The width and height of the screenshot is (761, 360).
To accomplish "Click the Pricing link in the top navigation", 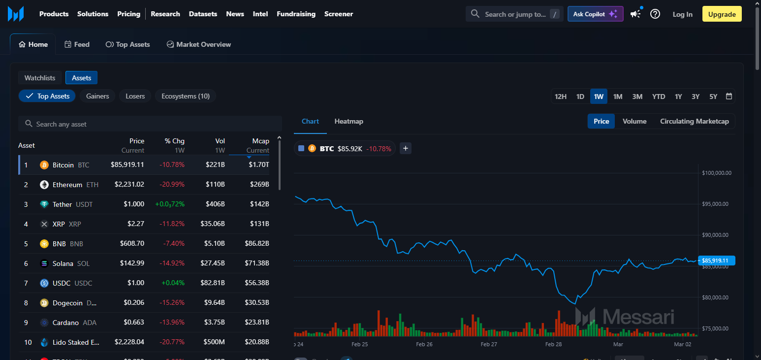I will point(128,14).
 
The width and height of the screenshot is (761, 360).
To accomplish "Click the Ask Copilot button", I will point(595,14).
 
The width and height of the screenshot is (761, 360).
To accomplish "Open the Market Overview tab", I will point(198,44).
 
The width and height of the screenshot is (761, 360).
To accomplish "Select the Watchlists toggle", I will point(40,78).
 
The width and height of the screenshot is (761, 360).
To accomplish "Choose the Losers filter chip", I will point(135,96).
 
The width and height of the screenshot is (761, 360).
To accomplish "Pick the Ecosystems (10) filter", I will point(185,96).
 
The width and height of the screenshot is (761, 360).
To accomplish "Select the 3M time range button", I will point(637,97).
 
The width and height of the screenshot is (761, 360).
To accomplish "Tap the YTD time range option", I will point(659,97).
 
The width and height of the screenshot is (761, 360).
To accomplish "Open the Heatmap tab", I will point(349,121).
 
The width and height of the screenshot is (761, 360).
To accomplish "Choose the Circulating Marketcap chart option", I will point(694,121).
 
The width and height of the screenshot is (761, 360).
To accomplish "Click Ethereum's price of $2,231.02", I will point(129,185).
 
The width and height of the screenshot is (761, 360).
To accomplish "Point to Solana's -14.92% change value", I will point(172,263).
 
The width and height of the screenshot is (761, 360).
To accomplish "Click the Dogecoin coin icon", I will point(44,303).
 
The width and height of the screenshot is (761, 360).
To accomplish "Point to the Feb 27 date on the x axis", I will point(488,344).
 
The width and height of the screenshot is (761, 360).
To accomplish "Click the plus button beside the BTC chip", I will point(405,148).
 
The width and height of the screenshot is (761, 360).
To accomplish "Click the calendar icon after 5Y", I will point(729,97).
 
